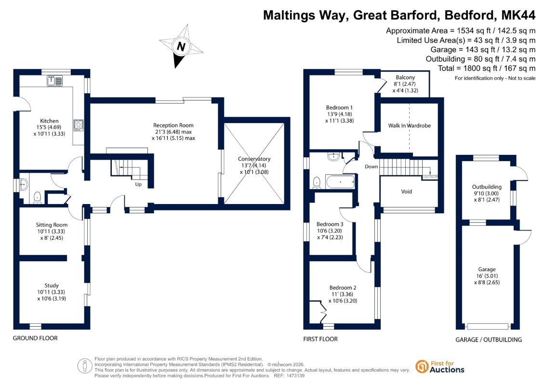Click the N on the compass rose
181,46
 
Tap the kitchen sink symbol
54,81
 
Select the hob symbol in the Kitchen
78,125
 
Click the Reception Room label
173,125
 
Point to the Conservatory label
254,159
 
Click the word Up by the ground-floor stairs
138,184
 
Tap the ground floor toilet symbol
38,197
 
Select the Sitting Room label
52,225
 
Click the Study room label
52,286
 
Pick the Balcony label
405,77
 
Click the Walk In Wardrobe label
410,125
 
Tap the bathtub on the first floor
340,182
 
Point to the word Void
406,192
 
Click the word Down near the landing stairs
371,166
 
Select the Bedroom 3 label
330,224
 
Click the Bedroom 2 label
343,288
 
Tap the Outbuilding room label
487,187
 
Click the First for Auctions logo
440,367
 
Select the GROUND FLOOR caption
35,338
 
